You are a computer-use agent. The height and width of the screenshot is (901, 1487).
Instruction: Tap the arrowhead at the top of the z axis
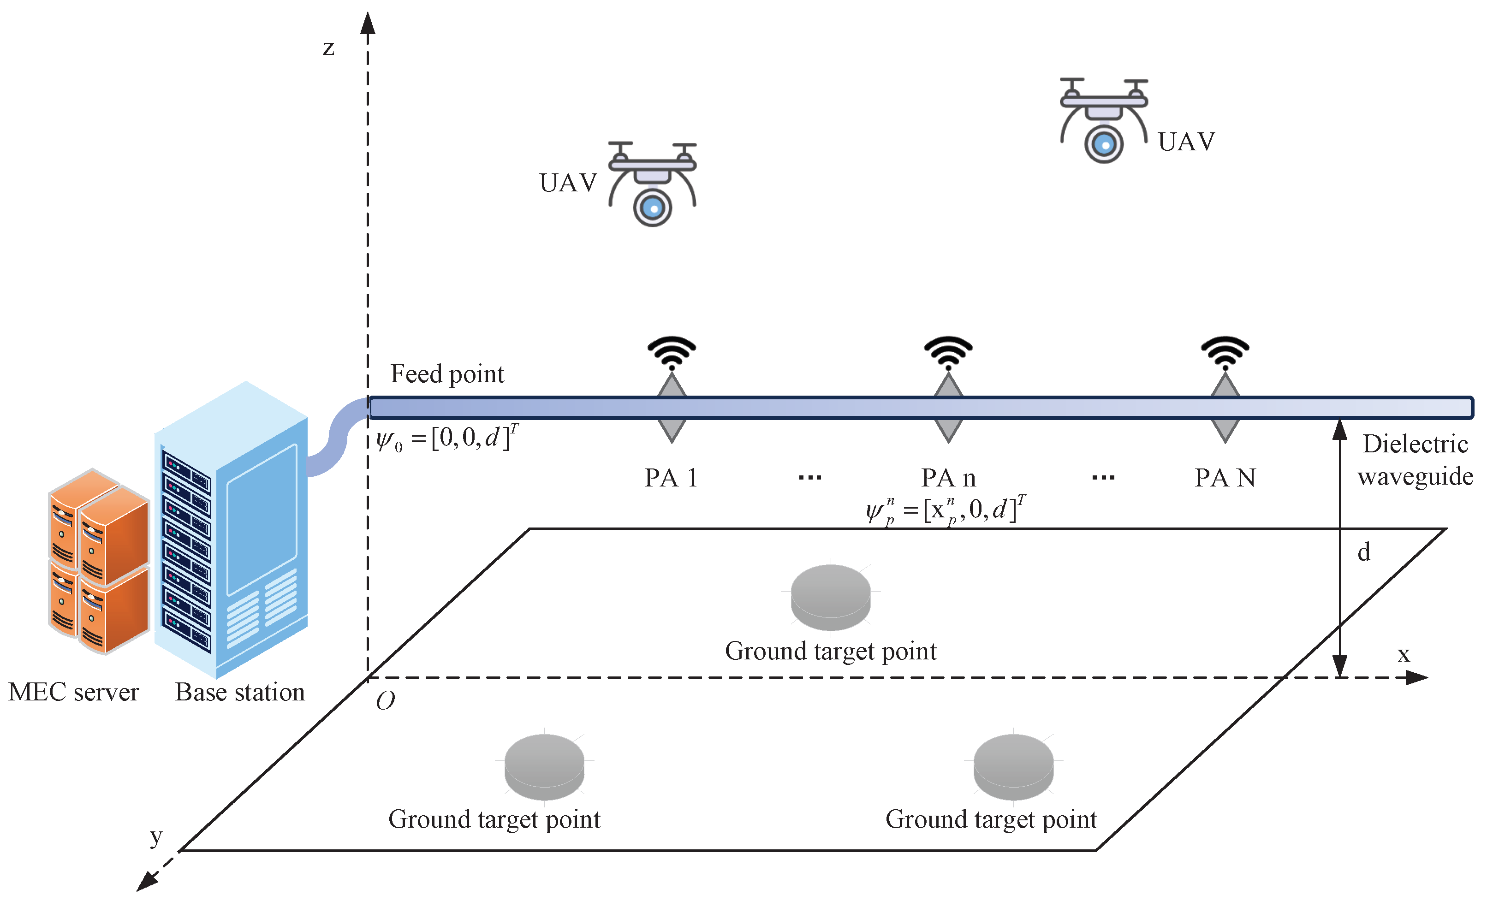click(x=368, y=23)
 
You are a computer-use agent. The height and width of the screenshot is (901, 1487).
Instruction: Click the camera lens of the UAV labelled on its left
click(x=652, y=207)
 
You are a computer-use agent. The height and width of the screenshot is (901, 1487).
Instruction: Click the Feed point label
click(x=446, y=374)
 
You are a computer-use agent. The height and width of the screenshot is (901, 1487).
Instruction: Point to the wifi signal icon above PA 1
click(x=672, y=352)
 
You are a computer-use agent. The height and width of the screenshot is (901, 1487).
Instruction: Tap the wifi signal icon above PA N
click(x=1225, y=352)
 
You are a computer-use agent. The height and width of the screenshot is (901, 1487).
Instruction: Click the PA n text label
click(x=948, y=478)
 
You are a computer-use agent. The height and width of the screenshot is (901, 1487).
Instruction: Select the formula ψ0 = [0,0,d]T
click(x=446, y=438)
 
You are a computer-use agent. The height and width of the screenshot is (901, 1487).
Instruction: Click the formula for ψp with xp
click(x=946, y=510)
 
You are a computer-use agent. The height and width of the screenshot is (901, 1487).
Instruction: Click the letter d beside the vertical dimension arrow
click(x=1364, y=551)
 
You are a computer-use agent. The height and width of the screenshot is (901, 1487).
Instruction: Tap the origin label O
click(x=385, y=700)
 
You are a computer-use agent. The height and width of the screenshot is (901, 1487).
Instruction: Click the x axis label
click(x=1404, y=654)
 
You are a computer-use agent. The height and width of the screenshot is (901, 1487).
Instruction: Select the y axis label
click(x=156, y=836)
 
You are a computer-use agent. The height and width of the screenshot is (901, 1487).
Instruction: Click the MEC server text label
click(x=74, y=692)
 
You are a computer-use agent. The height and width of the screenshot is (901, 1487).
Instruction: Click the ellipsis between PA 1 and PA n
click(x=810, y=478)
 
